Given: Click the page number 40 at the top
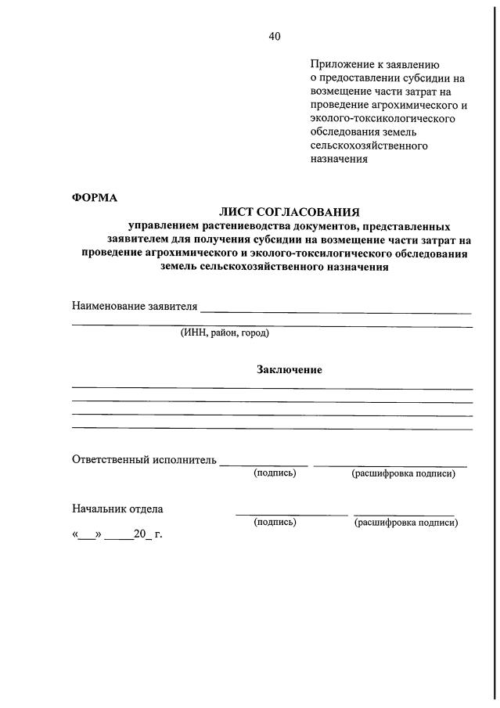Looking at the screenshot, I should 274,37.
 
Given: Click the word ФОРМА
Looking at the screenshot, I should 95,197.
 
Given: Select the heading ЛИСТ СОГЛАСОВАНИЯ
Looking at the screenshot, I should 290,211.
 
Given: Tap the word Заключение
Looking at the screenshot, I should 290,369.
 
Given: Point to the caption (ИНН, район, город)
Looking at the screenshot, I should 225,333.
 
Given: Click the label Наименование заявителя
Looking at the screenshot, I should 135,306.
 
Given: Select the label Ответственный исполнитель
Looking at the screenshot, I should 144,459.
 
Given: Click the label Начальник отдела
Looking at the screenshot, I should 117,509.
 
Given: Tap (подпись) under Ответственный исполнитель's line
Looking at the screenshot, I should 275,473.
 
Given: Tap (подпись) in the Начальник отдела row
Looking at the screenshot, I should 275,522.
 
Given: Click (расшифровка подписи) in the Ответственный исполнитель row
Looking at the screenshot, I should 403,473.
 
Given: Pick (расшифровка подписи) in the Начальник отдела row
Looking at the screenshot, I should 406,522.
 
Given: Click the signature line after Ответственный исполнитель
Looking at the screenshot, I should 264,465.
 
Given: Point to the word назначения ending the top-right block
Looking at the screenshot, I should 339,159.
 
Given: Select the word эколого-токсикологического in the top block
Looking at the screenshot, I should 383,119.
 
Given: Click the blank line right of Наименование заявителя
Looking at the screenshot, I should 336,311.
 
